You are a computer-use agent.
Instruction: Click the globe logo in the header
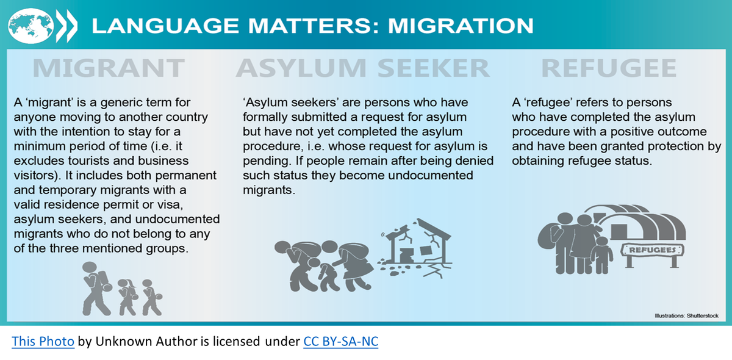click(30, 26)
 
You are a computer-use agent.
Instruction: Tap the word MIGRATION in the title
click(461, 26)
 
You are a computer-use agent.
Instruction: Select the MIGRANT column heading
click(109, 68)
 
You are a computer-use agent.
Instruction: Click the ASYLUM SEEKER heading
click(363, 68)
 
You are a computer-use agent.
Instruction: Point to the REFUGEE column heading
click(609, 68)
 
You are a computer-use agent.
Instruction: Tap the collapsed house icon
click(415, 247)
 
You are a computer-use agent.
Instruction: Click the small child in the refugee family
click(601, 256)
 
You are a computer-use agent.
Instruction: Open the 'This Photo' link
click(43, 341)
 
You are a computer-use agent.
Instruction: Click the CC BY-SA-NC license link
click(341, 341)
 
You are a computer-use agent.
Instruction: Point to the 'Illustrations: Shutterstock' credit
click(687, 315)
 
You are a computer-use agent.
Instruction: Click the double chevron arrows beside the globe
click(67, 26)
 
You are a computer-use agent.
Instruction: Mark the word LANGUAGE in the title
click(165, 26)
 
